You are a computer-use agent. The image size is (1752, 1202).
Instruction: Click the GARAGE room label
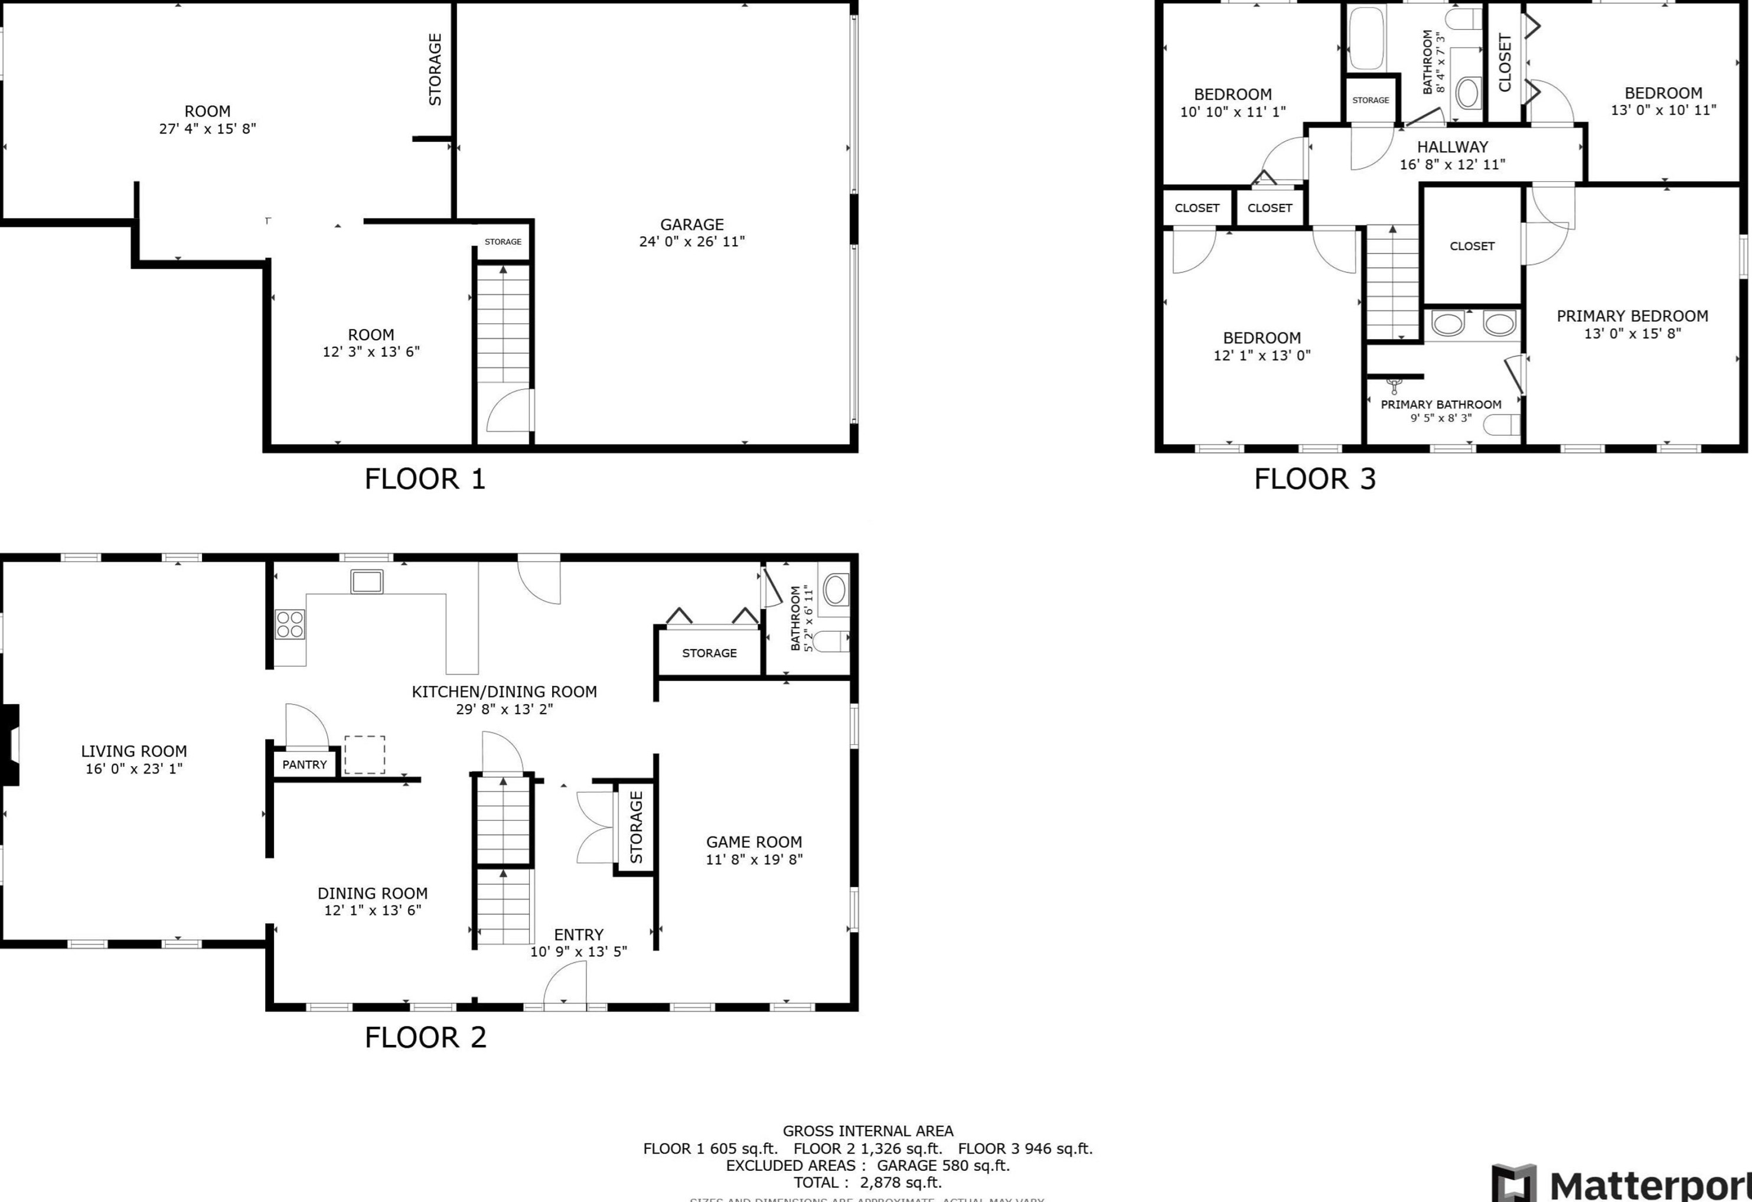click(691, 224)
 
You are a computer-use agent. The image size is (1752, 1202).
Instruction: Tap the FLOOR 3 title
click(1315, 479)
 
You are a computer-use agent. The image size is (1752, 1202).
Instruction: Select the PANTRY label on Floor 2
click(305, 765)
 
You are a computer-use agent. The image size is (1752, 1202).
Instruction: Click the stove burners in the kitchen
click(289, 624)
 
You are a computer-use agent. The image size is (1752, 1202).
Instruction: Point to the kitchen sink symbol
click(366, 581)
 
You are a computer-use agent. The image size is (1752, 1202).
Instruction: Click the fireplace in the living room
click(10, 745)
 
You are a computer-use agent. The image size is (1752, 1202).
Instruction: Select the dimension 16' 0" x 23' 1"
click(134, 769)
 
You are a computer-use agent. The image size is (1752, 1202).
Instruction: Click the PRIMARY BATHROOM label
click(1441, 405)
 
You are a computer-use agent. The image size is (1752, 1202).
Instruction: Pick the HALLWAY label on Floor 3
click(1452, 147)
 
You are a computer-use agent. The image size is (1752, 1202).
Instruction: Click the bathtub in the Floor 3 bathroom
click(1367, 38)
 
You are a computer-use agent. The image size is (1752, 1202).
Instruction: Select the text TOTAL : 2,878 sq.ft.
click(867, 1183)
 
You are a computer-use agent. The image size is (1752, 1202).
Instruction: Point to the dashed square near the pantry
click(365, 755)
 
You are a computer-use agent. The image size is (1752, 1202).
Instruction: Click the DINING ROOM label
click(373, 894)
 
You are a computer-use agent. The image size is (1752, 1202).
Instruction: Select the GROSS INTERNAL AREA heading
click(867, 1131)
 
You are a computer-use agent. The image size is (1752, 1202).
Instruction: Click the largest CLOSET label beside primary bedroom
click(1472, 246)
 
